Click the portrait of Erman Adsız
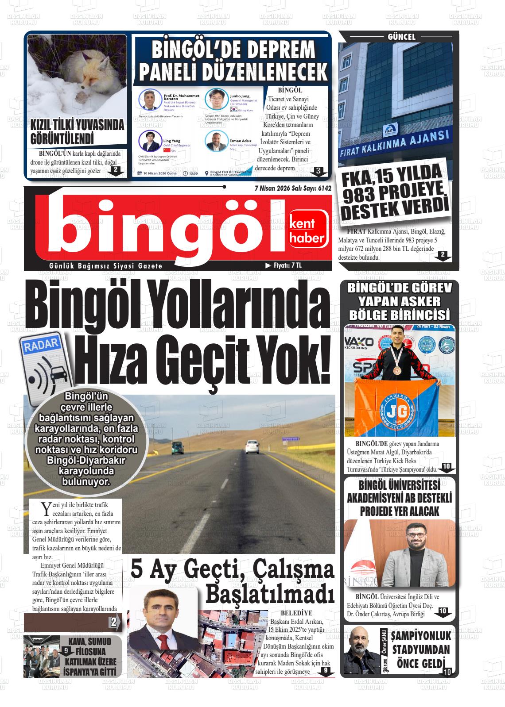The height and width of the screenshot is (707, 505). (216, 141)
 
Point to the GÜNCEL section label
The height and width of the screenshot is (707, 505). (401, 37)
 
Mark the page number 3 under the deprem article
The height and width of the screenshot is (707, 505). (318, 170)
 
